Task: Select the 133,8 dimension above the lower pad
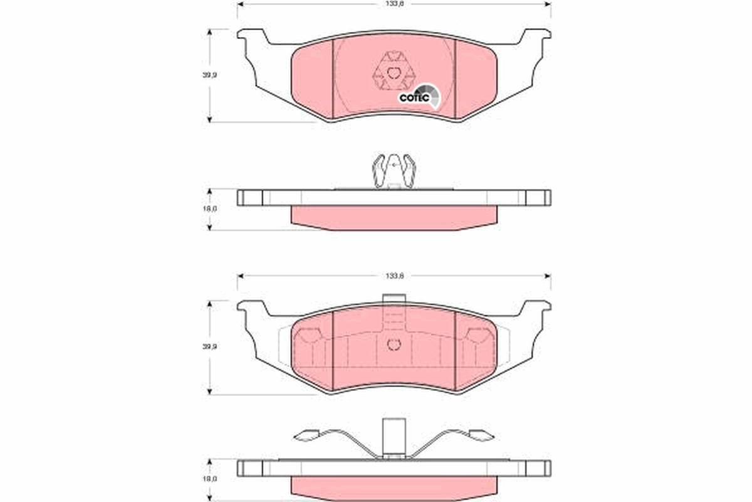tap(394, 275)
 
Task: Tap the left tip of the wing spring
tap(306, 435)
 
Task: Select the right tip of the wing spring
tap(481, 435)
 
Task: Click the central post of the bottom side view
tap(394, 436)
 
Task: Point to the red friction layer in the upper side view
tap(394, 217)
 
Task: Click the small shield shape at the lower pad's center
tap(394, 344)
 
